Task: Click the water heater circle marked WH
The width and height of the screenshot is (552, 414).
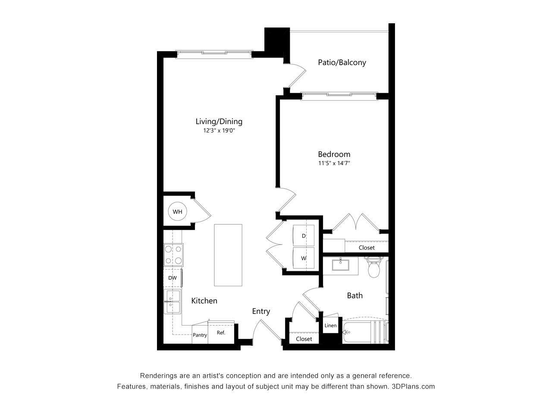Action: [177, 211]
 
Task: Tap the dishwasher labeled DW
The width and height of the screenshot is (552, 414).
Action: [172, 278]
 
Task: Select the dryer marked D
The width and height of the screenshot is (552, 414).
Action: [304, 236]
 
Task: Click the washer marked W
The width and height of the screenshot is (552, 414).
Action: [304, 258]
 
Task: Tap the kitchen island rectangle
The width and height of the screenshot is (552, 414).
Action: [228, 254]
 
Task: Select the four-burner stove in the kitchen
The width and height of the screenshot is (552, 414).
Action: [173, 254]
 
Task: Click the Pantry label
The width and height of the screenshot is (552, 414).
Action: [200, 335]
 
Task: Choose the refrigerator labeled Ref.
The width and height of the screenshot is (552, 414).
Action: [221, 332]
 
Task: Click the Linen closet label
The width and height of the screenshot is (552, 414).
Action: [330, 326]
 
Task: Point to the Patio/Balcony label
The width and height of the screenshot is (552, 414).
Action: [342, 62]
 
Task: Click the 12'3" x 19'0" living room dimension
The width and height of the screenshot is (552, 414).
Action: [219, 131]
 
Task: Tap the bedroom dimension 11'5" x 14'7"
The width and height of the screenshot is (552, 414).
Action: [334, 163]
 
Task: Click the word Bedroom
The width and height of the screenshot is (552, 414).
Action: [334, 154]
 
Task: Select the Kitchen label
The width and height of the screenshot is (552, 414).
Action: [204, 301]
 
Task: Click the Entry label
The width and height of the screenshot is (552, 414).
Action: [261, 311]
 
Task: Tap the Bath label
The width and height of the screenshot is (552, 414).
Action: [354, 295]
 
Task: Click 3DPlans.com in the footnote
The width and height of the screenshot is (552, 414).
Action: [413, 386]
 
